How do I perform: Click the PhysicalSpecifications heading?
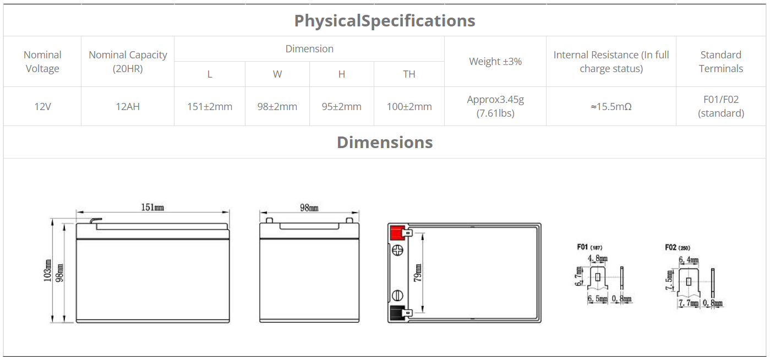(385, 20)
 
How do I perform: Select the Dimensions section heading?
(385, 143)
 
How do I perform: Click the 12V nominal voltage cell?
(42, 107)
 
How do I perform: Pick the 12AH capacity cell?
(128, 107)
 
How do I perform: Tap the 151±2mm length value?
(210, 107)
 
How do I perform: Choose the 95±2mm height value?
(342, 107)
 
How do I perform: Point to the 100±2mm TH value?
(409, 107)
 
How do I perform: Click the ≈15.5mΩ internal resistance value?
(611, 107)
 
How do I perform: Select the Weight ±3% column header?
(495, 62)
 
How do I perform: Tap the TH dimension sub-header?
(409, 74)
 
